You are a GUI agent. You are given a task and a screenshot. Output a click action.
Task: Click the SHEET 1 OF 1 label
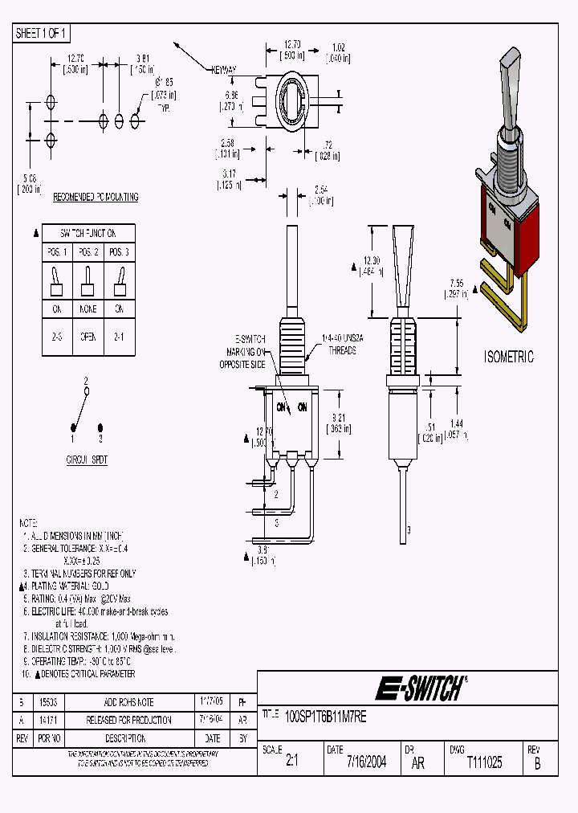pyautogui.click(x=42, y=33)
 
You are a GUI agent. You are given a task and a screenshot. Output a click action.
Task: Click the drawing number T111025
pyautogui.click(x=484, y=762)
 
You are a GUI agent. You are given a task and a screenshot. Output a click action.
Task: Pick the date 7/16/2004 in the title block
pyautogui.click(x=366, y=762)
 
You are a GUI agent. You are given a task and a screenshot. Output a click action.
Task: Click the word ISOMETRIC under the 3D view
pyautogui.click(x=508, y=357)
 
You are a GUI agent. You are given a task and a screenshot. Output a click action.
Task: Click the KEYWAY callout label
pyautogui.click(x=224, y=71)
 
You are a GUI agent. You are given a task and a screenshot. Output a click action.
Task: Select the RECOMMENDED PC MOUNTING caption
pyautogui.click(x=96, y=197)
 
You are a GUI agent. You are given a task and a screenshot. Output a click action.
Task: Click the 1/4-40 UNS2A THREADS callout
pyautogui.click(x=340, y=345)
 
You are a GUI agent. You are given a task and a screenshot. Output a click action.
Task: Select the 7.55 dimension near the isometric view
pyautogui.click(x=455, y=288)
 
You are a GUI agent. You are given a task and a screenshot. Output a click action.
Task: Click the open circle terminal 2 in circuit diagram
pyautogui.click(x=87, y=390)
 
